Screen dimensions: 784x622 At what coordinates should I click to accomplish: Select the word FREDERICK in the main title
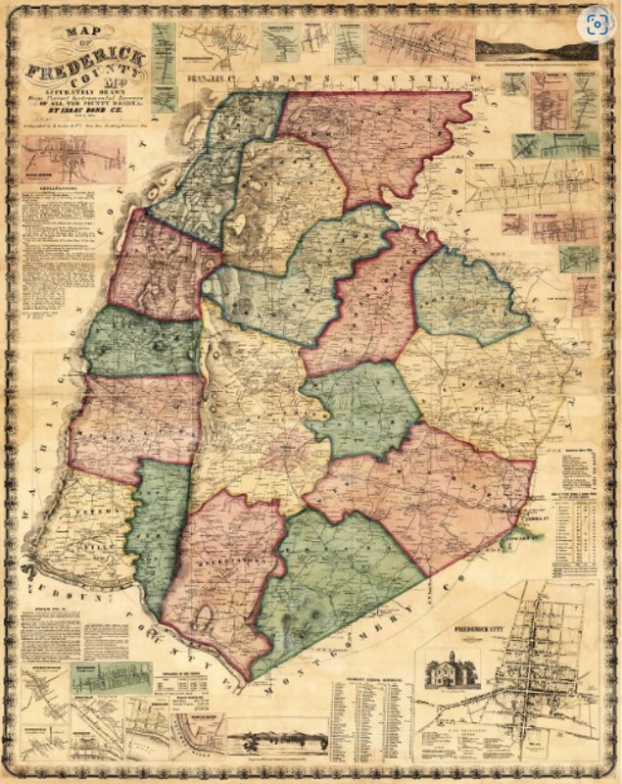point(89,68)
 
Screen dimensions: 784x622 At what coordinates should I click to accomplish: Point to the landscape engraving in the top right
point(535,49)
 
